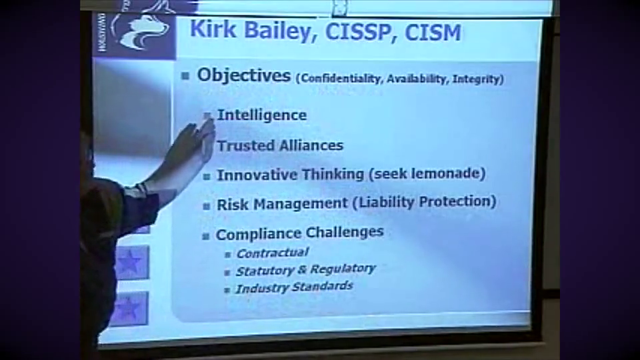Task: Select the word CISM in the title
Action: coord(433,33)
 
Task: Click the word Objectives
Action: coord(244,75)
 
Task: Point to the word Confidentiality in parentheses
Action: coord(340,79)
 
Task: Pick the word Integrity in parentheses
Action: coord(478,79)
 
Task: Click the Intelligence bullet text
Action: coord(261,115)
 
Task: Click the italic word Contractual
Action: coord(272,253)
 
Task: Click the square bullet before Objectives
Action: coord(186,76)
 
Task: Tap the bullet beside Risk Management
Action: coord(207,206)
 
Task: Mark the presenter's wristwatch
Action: coord(141,189)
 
